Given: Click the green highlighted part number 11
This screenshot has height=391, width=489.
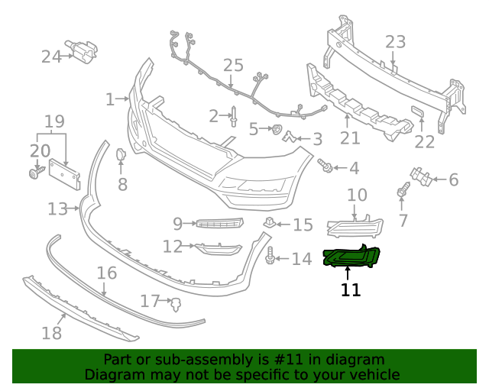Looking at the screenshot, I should tap(351, 259).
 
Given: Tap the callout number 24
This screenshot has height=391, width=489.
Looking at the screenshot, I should tap(51, 56).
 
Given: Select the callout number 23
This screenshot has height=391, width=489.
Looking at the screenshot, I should tap(395, 41).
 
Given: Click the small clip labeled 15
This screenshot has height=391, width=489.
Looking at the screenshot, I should tap(269, 222).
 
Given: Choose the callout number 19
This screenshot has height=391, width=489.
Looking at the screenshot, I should tap(54, 121).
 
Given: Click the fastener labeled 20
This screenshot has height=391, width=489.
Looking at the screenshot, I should tap(34, 174).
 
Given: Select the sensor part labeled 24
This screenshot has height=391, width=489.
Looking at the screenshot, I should tap(81, 51).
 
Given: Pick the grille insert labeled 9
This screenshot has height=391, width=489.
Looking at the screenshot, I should tap(219, 223).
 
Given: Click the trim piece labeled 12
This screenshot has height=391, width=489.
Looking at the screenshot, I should tap(218, 248).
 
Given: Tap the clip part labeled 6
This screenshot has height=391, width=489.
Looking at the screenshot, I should tap(419, 177).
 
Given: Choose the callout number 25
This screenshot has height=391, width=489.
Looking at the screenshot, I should tap(232, 66).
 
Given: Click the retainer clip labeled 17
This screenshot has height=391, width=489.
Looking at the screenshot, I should tap(176, 304).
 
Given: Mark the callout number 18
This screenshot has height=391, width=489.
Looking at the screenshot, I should tap(51, 332).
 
